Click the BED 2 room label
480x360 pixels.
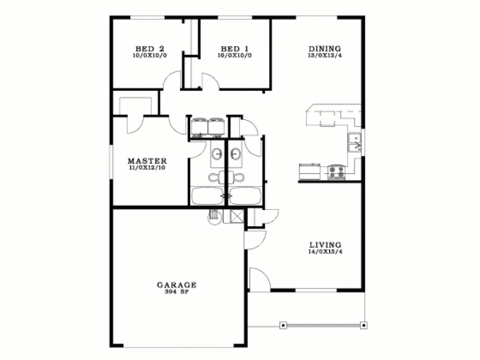click(x=149, y=48)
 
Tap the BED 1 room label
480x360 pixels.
click(x=234, y=48)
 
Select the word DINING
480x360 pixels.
click(x=324, y=48)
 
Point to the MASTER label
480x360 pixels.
click(x=147, y=161)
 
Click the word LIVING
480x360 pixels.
click(x=325, y=245)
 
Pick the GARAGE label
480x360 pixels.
click(x=176, y=285)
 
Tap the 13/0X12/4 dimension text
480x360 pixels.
click(x=324, y=55)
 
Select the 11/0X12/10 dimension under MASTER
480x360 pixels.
click(x=147, y=167)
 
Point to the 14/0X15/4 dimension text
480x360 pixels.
click(x=325, y=251)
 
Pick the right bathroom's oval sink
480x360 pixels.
click(x=235, y=153)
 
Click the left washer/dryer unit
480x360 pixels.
click(x=199, y=126)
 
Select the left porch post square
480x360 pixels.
click(x=283, y=324)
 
